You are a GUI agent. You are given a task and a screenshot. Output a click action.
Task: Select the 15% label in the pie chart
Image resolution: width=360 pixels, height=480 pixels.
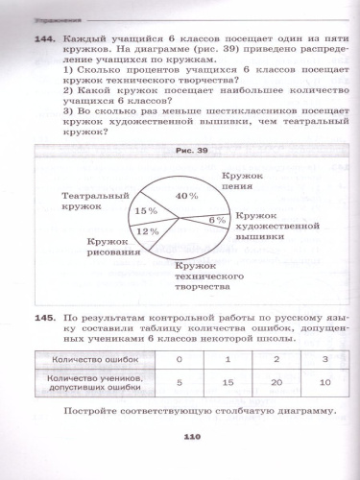[146, 210]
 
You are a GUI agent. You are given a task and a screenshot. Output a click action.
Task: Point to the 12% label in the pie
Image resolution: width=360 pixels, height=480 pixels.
[147, 231]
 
